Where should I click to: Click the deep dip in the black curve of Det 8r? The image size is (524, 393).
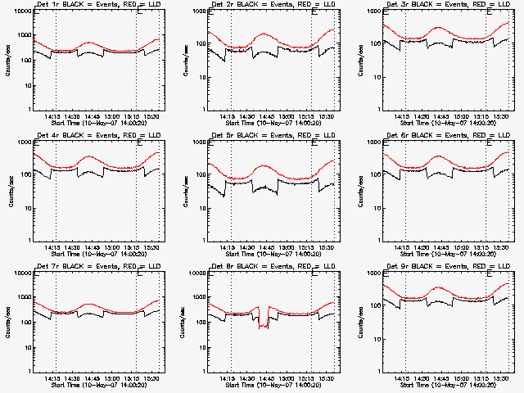263,326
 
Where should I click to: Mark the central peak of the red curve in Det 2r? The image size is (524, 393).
264,34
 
